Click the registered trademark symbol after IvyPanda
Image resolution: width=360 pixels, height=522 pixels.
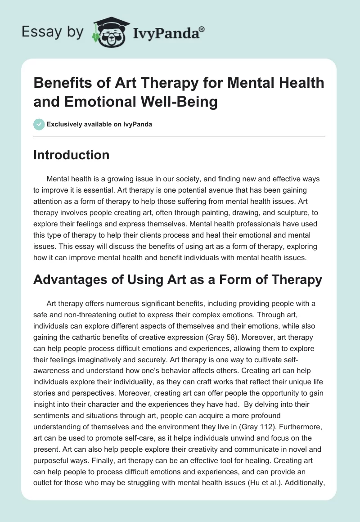pyautogui.click(x=202, y=29)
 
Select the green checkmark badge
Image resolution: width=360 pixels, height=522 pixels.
pyautogui.click(x=39, y=124)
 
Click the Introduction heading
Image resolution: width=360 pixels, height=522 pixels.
pyautogui.click(x=72, y=155)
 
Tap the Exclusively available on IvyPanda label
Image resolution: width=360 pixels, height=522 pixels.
pyautogui.click(x=99, y=124)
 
